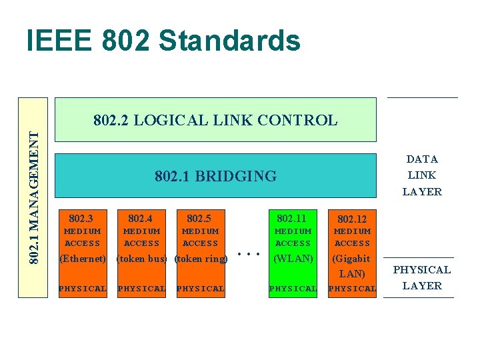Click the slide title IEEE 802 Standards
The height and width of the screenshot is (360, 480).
pos(163,41)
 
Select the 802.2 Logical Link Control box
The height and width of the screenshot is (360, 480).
pos(215,120)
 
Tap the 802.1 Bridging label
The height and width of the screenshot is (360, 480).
pos(215,176)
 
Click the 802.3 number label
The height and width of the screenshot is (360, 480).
pos(81,218)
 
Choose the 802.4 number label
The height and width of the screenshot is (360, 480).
pos(140,218)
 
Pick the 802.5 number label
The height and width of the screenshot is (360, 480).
pos(199,218)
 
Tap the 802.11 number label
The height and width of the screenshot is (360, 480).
pos(291,218)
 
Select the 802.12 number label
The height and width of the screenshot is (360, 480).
pos(351,219)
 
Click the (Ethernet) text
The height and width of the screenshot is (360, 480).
pos(83,259)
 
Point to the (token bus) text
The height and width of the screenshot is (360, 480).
pos(141,259)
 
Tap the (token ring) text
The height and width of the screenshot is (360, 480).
pos(200,259)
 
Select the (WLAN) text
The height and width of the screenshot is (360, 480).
pos(293,258)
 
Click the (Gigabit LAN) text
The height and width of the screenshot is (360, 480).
pos(351,266)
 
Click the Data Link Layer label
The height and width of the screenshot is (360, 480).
pos(421,175)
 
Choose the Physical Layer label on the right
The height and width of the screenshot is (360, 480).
pos(421,277)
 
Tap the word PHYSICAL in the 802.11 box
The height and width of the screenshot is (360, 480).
pos(293,289)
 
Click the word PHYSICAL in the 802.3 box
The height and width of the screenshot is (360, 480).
pos(83,289)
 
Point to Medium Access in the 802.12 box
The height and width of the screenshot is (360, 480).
pos(352,237)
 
